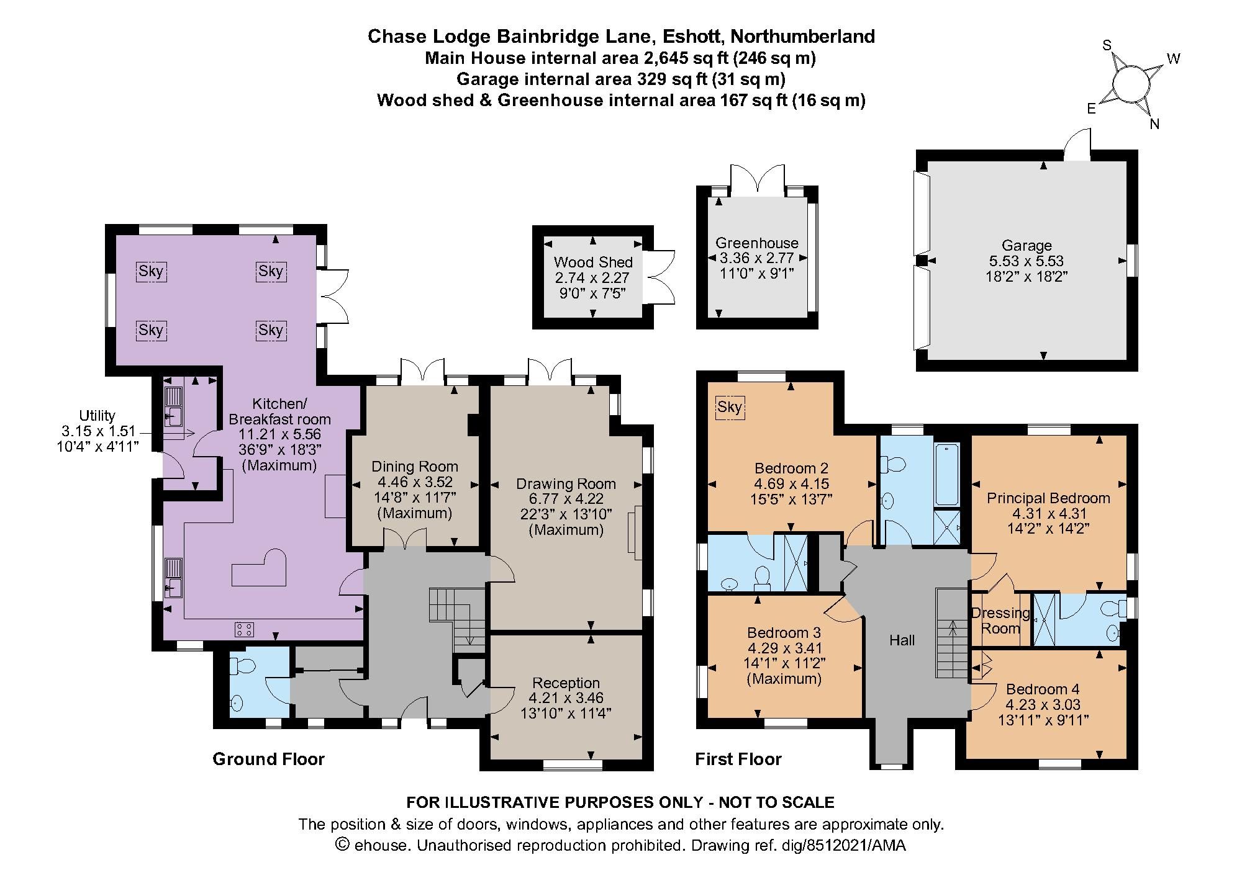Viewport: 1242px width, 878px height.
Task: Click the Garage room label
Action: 1026,246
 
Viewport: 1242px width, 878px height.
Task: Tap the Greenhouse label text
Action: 756,243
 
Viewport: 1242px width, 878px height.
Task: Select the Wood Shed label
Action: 593,262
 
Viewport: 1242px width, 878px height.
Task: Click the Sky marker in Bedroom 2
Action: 729,408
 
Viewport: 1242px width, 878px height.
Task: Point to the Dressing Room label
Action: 1000,620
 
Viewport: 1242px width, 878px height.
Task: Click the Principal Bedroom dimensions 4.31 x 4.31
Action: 1048,514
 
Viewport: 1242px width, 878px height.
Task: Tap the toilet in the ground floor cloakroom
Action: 242,666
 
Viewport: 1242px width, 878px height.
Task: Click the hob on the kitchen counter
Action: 244,629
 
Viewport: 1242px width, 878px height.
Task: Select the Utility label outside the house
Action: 97,416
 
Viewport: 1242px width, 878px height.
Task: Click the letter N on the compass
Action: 1154,124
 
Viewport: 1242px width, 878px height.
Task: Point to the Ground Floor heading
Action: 268,759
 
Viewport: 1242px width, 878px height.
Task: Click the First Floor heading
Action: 738,759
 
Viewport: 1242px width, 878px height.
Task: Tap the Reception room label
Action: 566,683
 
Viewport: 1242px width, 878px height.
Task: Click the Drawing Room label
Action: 566,484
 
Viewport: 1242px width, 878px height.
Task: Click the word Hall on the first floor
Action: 902,640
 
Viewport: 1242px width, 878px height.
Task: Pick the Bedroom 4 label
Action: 1043,689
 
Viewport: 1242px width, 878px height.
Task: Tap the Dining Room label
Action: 414,467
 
